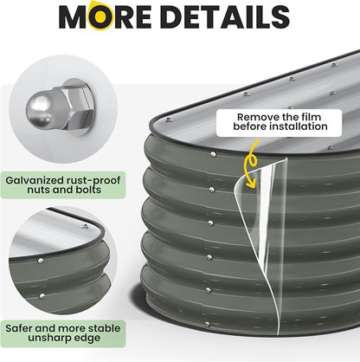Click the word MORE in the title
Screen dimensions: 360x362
(105, 16)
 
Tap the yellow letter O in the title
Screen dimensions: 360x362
(100, 16)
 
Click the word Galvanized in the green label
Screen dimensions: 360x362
(35, 181)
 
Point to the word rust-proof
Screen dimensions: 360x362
(93, 181)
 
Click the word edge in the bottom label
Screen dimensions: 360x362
(86, 339)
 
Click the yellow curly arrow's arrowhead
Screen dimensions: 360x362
(251, 184)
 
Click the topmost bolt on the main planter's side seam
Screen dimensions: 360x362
(213, 155)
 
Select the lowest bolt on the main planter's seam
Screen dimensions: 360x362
(207, 324)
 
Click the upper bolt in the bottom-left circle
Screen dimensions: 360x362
(41, 261)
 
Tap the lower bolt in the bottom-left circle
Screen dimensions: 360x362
(42, 296)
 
